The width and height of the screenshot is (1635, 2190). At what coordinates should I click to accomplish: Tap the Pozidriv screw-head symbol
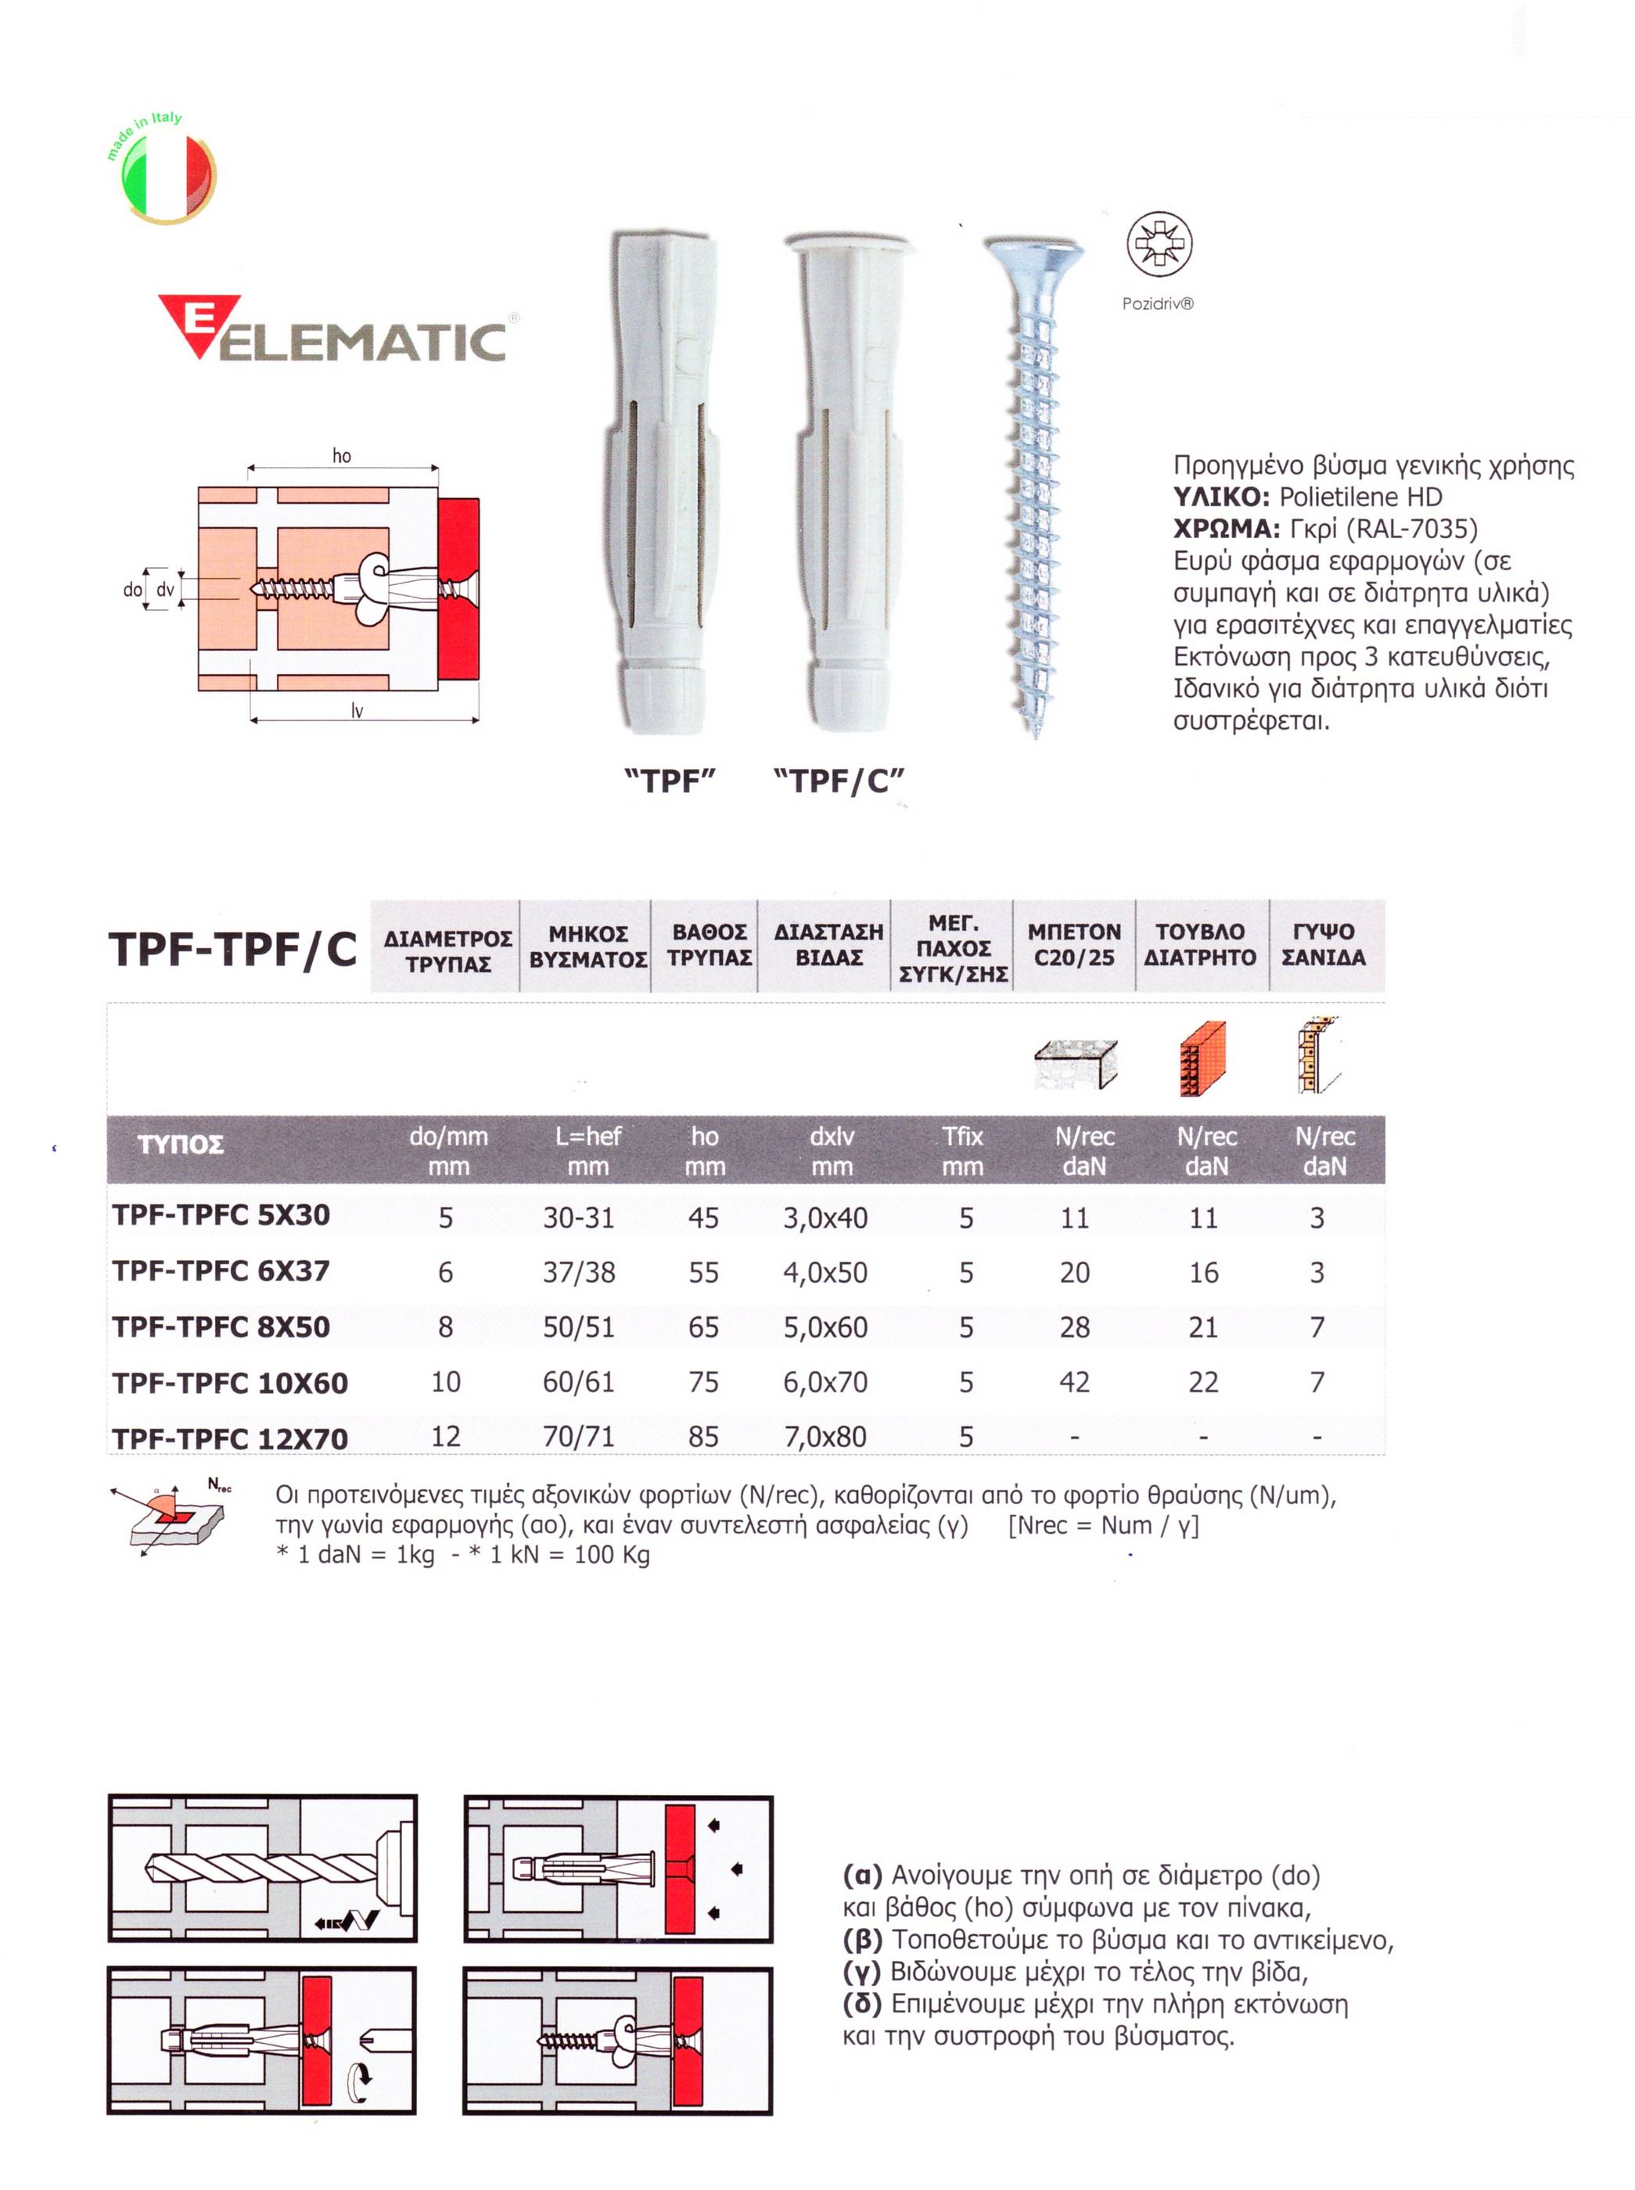point(1159,243)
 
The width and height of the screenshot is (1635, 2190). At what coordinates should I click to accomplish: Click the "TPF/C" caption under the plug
point(839,782)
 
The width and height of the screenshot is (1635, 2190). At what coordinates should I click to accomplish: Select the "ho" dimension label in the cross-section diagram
point(341,455)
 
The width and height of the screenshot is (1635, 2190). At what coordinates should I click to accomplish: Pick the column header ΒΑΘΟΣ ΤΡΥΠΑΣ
point(709,945)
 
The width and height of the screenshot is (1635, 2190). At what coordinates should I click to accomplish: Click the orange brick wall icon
point(1202,1058)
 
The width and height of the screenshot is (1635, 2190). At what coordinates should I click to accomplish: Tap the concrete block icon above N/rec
point(1075,1063)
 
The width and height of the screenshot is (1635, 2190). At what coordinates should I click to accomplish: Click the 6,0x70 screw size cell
point(825,1383)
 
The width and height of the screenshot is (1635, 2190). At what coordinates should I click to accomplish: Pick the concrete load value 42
point(1075,1383)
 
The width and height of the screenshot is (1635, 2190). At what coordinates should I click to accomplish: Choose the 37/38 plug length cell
point(579,1273)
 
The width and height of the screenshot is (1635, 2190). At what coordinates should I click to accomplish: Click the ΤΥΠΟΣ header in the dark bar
point(180,1145)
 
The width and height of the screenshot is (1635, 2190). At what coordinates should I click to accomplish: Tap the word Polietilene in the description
point(1333,497)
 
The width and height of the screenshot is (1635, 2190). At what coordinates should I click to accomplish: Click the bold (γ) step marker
point(861,1973)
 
